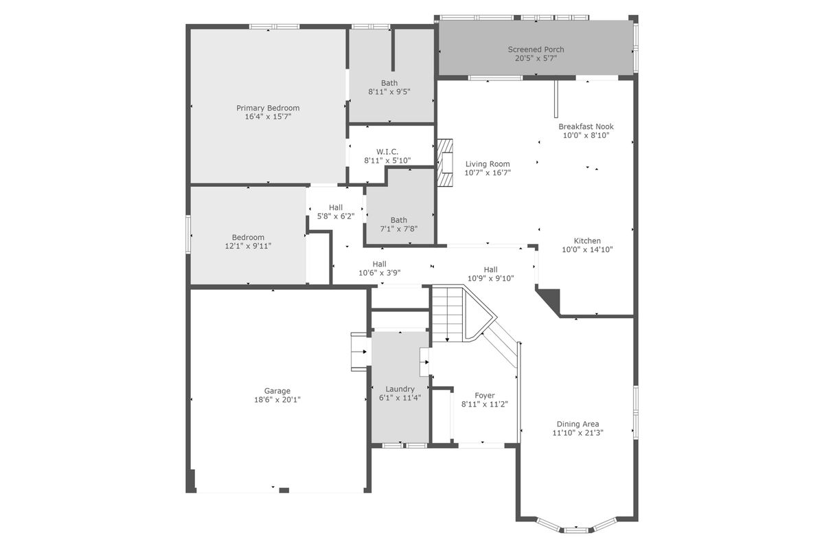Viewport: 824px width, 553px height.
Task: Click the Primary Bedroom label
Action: (x=268, y=108)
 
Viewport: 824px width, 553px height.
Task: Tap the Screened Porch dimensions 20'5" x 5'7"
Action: (x=536, y=58)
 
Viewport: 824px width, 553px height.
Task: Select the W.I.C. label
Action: (x=387, y=152)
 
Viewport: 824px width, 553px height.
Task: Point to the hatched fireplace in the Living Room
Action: (x=445, y=162)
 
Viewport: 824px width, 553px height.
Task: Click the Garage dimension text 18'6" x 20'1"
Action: (x=277, y=400)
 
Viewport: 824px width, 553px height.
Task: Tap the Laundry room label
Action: (x=400, y=389)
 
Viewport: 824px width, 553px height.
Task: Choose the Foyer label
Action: (x=485, y=396)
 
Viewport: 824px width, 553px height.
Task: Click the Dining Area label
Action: (x=577, y=424)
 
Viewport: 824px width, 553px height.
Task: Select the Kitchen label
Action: (x=587, y=240)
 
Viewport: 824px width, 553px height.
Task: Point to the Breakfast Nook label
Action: (x=586, y=126)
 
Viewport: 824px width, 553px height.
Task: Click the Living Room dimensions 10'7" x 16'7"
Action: (x=488, y=172)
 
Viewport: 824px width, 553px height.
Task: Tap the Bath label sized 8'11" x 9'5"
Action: (x=389, y=83)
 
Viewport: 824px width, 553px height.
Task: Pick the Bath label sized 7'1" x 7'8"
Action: (x=399, y=220)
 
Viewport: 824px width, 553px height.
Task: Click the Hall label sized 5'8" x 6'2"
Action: (x=336, y=207)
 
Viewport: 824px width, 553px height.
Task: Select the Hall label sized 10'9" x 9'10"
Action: (x=491, y=270)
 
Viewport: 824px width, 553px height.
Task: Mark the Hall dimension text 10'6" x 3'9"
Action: (x=379, y=273)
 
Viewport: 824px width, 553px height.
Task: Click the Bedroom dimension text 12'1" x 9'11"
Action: (x=248, y=246)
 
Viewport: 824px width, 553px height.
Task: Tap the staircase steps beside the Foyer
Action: (x=447, y=313)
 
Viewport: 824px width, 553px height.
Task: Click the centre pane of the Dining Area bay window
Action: (x=576, y=530)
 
